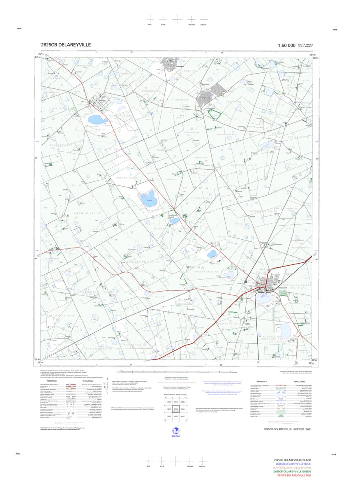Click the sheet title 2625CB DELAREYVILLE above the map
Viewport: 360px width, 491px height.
(x=66, y=45)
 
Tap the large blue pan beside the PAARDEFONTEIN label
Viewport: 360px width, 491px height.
(x=97, y=120)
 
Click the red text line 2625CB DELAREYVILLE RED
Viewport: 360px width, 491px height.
(x=294, y=475)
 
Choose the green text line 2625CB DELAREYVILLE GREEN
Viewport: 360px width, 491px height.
(x=293, y=471)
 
